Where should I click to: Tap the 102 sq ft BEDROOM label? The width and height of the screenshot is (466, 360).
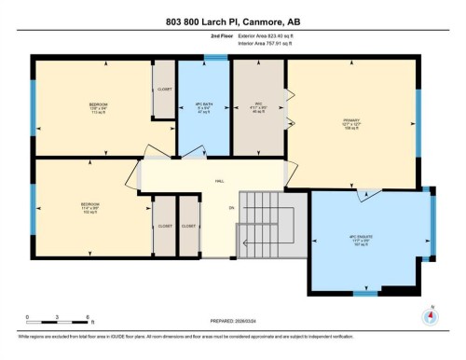point(89,206)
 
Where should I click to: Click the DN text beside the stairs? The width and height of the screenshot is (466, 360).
point(230,208)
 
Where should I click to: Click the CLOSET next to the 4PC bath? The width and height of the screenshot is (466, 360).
point(164,90)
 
